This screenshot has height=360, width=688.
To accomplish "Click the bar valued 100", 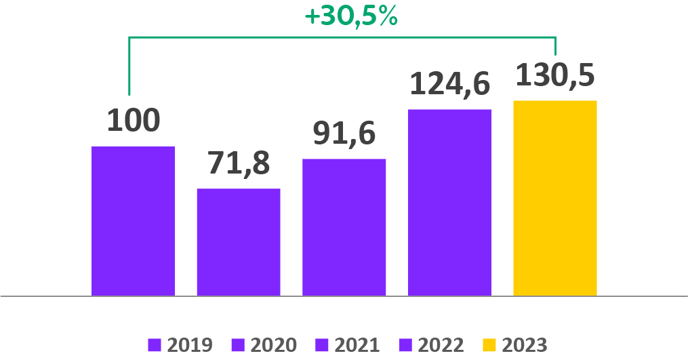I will point(133,221).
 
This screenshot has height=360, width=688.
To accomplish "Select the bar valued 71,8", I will point(239,242).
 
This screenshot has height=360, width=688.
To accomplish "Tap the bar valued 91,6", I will point(344,227).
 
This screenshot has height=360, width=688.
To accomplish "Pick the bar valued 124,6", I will point(449,202).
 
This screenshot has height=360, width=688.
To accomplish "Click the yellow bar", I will point(555,198).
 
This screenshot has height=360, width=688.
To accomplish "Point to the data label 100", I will point(134,119).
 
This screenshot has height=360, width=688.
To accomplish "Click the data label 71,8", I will point(238,163).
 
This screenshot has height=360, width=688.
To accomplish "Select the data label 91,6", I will point(344,133).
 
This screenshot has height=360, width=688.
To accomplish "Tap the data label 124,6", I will point(449,83).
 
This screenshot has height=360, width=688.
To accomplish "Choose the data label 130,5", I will point(555,75).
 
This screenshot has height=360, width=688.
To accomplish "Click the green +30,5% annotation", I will point(351,16).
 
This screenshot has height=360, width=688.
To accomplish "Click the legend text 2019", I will point(190,345).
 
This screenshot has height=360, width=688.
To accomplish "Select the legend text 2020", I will point(274,345).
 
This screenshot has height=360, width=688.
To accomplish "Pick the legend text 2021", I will point(357,345).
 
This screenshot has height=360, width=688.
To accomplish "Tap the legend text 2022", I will point(441,345).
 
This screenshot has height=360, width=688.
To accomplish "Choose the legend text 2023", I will point(525,345).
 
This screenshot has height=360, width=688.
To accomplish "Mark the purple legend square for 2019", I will point(155,345).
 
